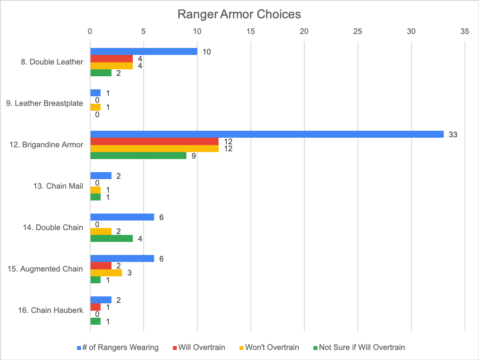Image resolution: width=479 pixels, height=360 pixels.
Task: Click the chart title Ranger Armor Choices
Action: point(239,14)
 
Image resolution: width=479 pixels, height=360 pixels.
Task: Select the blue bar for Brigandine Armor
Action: point(266,134)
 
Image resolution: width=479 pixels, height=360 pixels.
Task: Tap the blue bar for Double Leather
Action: point(144,51)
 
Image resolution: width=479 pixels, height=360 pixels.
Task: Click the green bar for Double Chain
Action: point(111,238)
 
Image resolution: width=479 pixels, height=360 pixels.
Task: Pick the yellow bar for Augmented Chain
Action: point(106,273)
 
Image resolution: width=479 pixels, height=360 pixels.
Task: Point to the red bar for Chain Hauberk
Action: point(95,307)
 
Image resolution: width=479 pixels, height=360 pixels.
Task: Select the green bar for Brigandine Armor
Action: point(138,156)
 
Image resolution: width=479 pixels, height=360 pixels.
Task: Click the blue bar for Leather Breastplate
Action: point(95,93)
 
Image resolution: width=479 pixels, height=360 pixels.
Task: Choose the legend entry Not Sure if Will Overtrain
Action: point(362,347)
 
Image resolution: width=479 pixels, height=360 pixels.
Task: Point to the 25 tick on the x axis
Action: point(358,31)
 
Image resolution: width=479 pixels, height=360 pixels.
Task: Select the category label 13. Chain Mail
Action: point(58,186)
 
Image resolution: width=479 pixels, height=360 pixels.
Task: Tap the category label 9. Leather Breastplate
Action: point(44,103)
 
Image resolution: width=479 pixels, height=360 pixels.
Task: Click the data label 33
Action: point(453,135)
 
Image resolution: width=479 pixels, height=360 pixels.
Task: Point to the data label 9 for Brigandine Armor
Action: point(194,156)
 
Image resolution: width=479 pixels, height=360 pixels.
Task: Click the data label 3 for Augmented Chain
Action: point(129,273)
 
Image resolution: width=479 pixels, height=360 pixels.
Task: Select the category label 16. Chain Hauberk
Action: point(51,310)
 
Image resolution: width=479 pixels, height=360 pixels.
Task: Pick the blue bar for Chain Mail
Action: point(101,176)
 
